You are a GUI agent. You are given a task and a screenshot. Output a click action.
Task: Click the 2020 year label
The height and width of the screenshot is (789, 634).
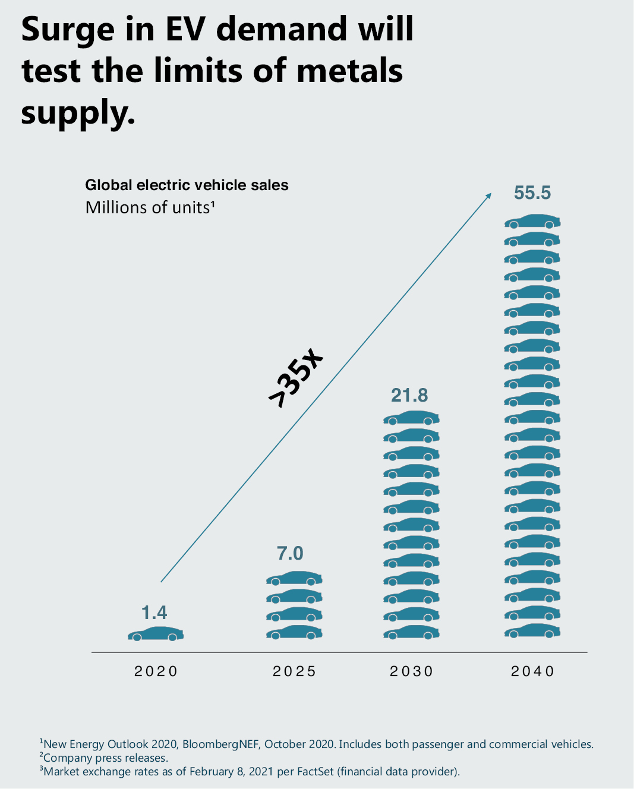[156, 671]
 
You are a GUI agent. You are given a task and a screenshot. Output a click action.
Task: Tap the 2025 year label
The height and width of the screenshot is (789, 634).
[294, 671]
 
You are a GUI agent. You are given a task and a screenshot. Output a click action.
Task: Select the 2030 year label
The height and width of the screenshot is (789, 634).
[411, 671]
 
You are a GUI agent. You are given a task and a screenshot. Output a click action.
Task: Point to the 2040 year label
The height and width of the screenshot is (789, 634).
[532, 671]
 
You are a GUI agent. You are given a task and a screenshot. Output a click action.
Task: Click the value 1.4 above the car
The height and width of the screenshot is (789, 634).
[154, 613]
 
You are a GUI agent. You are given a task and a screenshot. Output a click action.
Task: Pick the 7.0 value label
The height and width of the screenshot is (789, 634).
[290, 553]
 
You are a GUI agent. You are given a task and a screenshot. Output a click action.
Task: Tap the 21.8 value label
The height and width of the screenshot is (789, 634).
[409, 395]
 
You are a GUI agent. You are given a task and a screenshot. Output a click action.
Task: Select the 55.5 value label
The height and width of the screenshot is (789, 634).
[532, 193]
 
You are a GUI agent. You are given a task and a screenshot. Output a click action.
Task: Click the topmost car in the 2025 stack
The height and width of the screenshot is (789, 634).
[294, 578]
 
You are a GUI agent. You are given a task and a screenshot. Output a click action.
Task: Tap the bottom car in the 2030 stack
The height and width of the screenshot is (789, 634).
[411, 633]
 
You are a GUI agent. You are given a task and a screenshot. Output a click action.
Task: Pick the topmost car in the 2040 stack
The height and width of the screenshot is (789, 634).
[532, 222]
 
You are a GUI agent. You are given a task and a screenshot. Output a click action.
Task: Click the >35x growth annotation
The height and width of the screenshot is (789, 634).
[295, 378]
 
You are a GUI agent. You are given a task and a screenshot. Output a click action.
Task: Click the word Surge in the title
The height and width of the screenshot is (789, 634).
[67, 30]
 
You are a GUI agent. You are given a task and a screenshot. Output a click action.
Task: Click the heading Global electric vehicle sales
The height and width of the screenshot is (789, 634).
[187, 185]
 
